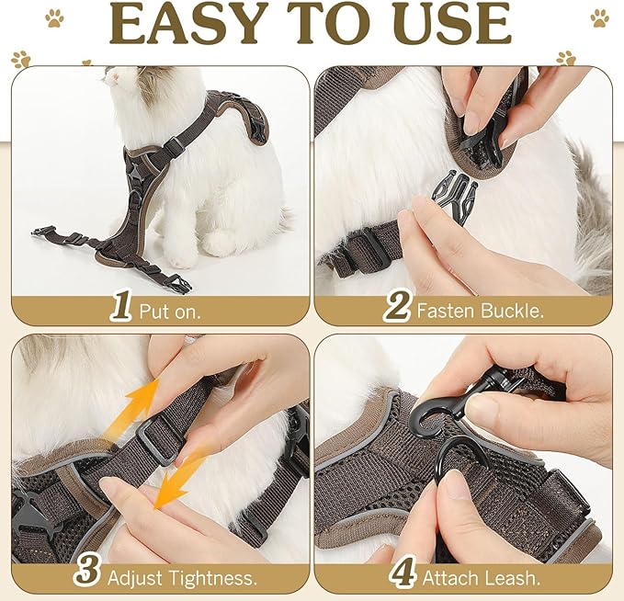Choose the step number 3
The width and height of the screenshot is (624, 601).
87,576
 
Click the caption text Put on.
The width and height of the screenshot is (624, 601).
170,311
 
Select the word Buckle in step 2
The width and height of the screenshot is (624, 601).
512,311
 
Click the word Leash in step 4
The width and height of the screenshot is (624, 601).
517,578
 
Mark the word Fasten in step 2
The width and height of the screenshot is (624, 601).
447,311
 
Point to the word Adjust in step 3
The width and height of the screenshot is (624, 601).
133,578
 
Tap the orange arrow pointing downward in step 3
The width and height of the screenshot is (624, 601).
180,478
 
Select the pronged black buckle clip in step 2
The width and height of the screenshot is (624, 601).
455,194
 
